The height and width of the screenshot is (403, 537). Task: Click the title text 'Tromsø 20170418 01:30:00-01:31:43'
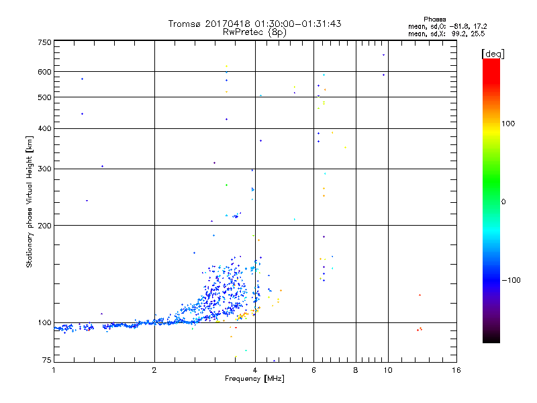pos(254,24)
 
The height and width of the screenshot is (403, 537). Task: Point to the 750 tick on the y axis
pos(45,42)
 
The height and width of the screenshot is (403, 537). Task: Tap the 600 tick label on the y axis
pos(45,72)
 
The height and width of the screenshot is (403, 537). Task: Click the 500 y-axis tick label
pos(45,97)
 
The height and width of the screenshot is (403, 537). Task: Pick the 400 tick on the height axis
pos(45,129)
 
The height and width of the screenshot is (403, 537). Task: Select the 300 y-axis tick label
pos(45,169)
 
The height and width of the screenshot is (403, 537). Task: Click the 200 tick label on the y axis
pos(45,225)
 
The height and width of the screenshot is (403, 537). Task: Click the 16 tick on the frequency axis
pos(456,370)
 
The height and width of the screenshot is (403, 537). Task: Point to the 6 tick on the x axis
pos(314,370)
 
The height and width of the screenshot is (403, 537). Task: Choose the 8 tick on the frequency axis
pos(356,370)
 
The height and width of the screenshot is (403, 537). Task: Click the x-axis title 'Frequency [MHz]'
pos(254,379)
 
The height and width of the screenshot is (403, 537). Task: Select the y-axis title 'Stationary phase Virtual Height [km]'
pos(30,202)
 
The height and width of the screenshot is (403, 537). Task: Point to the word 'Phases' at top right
pos(435,19)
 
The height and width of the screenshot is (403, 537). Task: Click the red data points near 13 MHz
pos(419,329)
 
